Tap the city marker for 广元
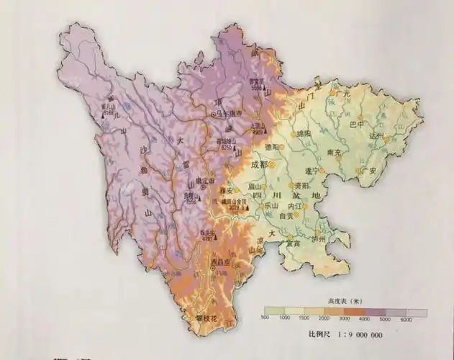click(333, 93)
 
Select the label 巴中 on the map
click(356, 124)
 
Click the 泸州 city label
click(318, 238)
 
